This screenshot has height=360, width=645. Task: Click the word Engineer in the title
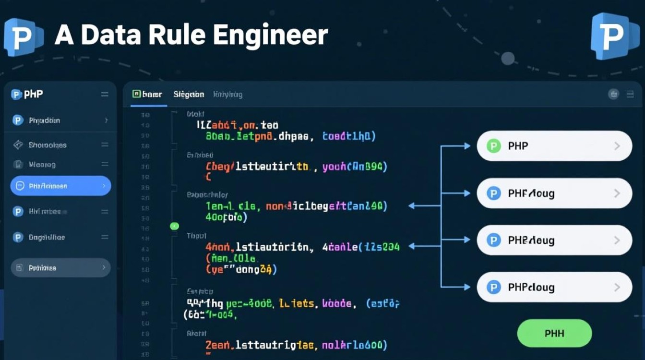270,36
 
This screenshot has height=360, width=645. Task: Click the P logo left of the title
24,37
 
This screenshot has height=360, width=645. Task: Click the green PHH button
554,333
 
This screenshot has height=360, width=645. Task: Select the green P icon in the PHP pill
493,146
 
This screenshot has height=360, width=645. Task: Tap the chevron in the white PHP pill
617,146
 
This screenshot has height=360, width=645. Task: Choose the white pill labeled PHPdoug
554,287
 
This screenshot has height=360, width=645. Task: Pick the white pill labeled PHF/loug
554,193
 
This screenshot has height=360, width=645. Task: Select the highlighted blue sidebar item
60,186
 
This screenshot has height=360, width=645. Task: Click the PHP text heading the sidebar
34,94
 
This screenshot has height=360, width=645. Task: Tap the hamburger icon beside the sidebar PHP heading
105,95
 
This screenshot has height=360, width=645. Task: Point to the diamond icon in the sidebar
18,144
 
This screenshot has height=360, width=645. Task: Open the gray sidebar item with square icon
60,268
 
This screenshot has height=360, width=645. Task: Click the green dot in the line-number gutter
174,226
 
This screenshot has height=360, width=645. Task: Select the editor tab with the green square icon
147,95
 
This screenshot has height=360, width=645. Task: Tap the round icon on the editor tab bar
613,95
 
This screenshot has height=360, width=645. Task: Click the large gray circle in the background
508,59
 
